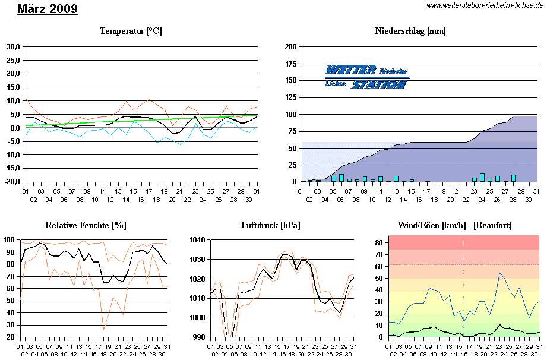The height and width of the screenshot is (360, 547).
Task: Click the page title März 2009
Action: point(48,10)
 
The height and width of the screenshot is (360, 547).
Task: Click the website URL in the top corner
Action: point(485,5)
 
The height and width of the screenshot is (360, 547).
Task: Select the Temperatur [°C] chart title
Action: point(131,31)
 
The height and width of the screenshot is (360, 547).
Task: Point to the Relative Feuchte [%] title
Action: point(86,225)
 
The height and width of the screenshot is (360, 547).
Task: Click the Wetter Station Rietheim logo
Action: point(367,77)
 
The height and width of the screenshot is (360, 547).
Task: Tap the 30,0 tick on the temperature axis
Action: point(12,46)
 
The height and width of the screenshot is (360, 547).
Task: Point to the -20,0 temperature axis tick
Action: point(12,182)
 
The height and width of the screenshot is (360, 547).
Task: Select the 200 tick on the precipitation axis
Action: point(291,46)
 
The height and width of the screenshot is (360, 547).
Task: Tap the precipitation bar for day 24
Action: point(482,178)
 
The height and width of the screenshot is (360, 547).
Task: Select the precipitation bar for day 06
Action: point(342,178)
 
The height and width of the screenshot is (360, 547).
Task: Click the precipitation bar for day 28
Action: point(513,178)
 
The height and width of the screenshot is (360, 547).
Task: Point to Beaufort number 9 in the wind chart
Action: point(463,242)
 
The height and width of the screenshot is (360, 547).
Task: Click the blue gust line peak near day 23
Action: point(500,273)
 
